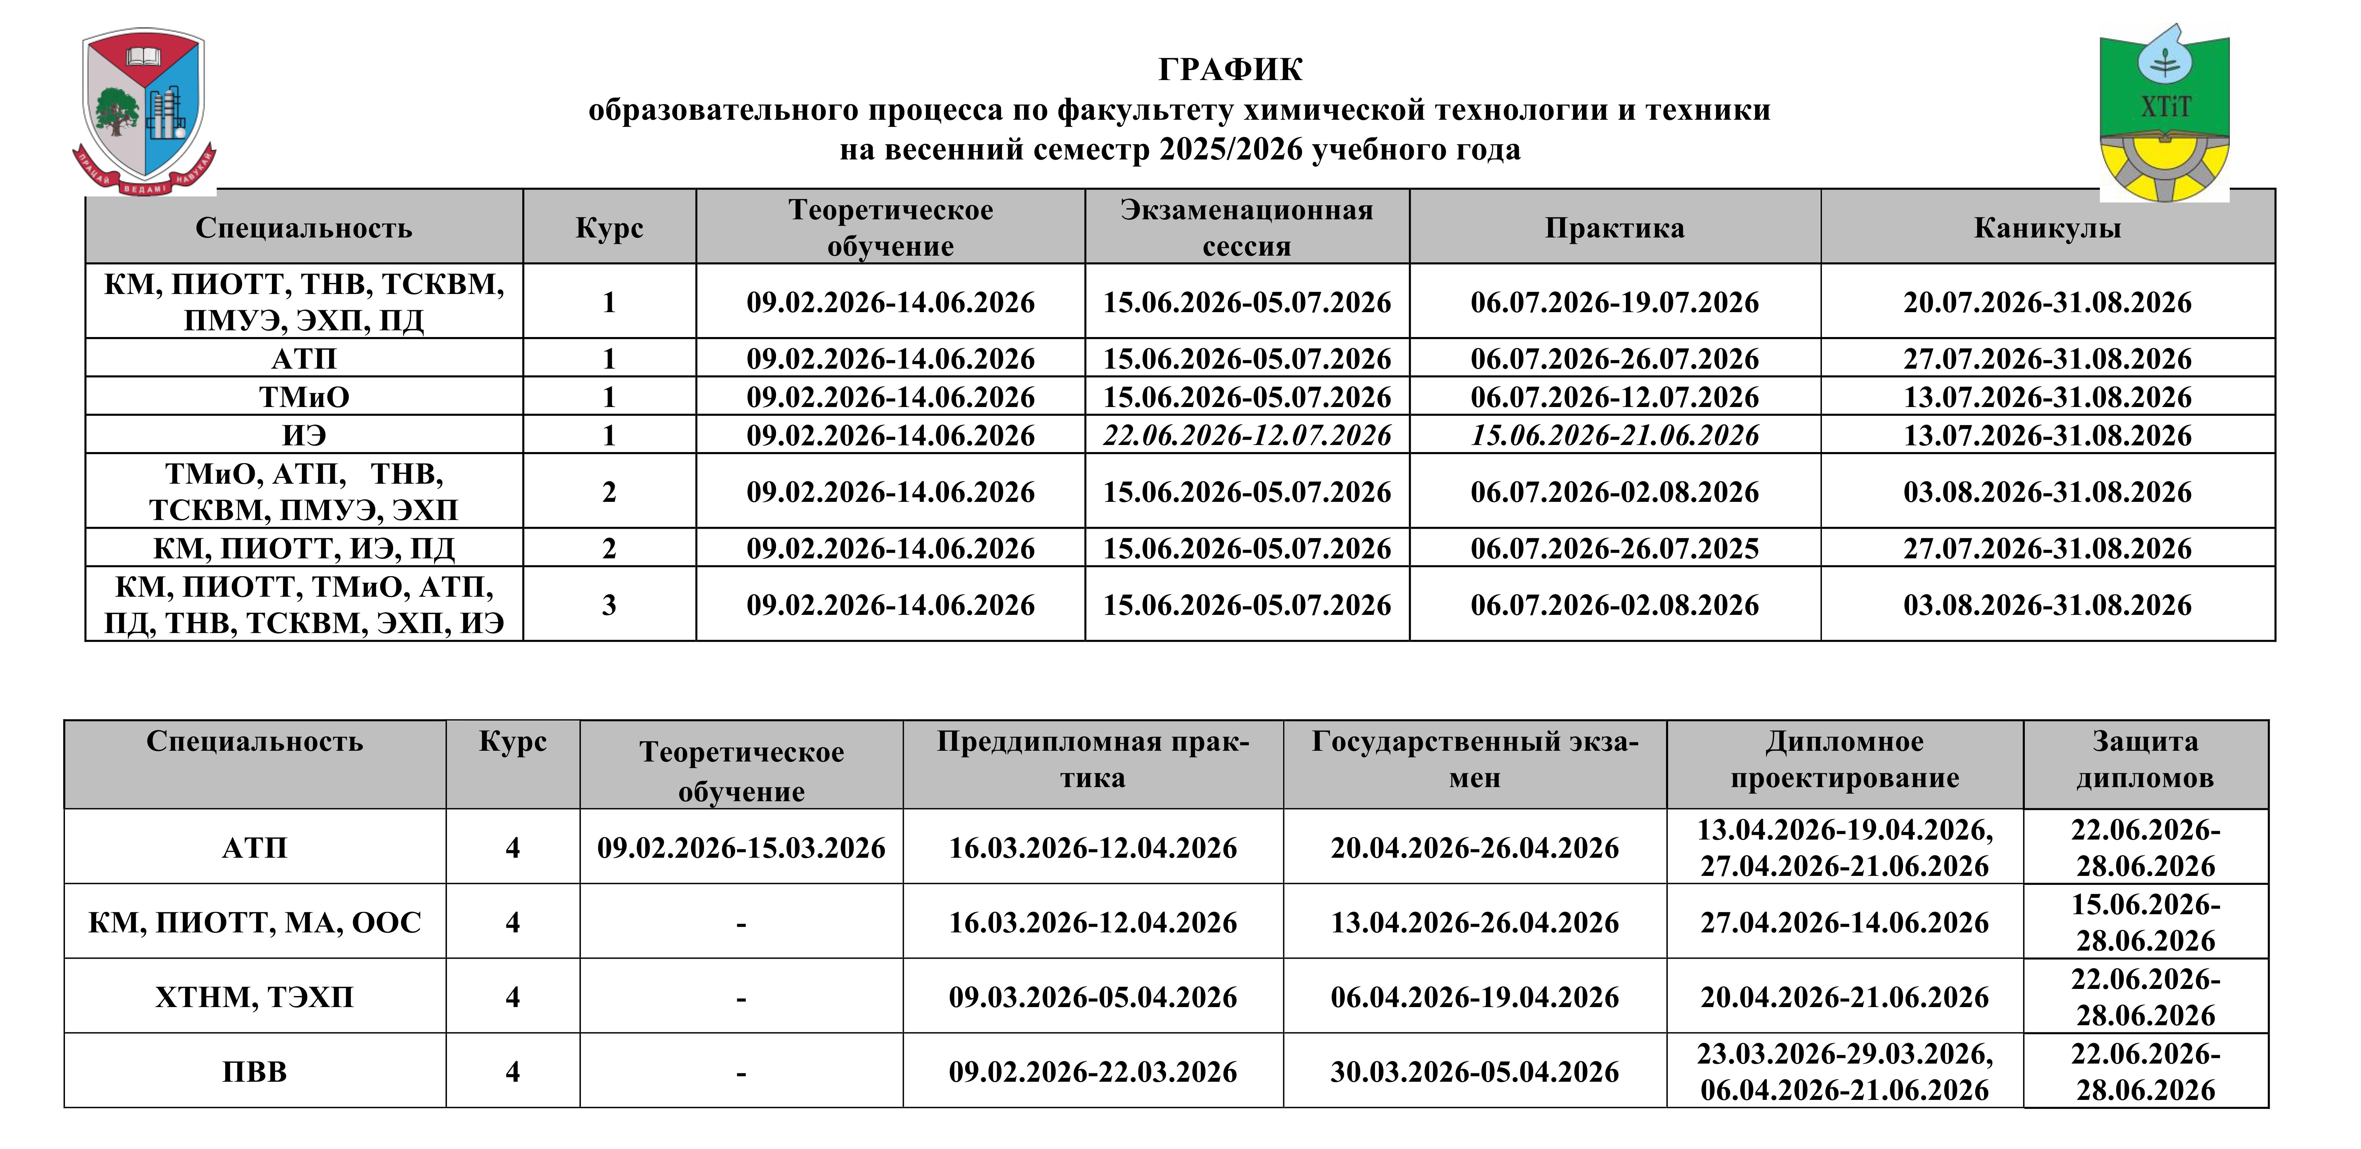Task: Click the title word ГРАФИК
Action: [1230, 70]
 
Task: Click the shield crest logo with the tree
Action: [144, 108]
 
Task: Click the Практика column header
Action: [1614, 228]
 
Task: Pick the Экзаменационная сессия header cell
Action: [1246, 228]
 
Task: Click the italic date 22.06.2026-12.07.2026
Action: [1246, 435]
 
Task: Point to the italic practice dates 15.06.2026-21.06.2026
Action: [1614, 435]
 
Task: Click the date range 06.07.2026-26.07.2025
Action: [1614, 549]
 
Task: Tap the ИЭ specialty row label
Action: [304, 435]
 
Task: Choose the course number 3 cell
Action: [608, 605]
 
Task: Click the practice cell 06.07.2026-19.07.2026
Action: [1614, 302]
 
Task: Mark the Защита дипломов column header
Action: [2145, 759]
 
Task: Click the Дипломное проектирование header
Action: [1844, 759]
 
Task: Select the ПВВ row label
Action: [255, 1072]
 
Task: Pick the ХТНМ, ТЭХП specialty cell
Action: [255, 997]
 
